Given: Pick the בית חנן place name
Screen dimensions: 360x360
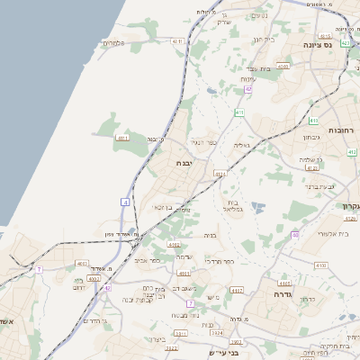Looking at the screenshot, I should (264, 40).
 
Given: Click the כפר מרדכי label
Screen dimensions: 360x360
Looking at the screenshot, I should (219, 260).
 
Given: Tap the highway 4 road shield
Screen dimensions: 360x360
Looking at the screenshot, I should (124, 203).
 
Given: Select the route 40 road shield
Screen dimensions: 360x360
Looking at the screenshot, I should (295, 235).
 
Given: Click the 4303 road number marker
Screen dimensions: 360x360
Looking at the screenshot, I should (283, 66).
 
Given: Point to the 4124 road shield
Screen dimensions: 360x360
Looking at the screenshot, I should (220, 174).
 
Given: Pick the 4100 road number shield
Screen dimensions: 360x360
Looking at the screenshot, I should (320, 265).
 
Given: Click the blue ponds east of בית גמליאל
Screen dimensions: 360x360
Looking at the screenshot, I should (259, 207).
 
